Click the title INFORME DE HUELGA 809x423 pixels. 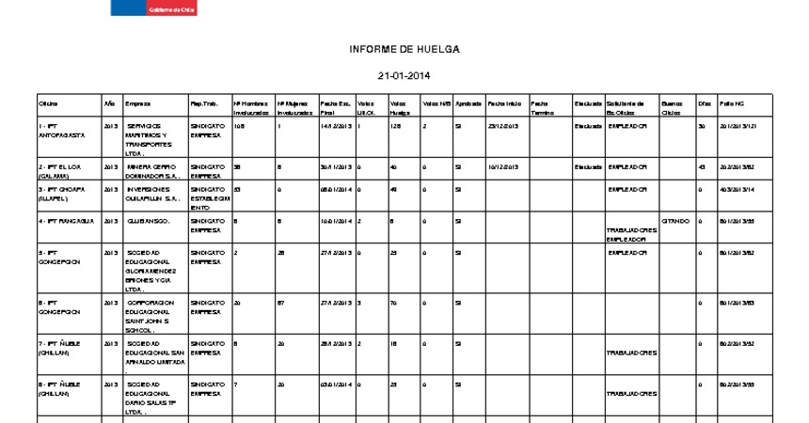404,49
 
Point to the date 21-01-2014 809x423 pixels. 404,76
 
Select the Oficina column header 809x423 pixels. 48,102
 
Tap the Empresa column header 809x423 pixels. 137,102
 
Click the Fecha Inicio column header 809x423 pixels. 504,102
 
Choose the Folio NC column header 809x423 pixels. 732,102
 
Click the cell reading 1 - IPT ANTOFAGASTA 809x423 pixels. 62,130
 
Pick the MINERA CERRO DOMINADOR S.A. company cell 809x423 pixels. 152,170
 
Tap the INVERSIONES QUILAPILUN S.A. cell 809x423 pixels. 153,193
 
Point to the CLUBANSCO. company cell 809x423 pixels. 149,221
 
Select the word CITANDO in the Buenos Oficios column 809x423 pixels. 674,221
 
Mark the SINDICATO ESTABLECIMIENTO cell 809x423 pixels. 209,198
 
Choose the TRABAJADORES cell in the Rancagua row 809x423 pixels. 631,230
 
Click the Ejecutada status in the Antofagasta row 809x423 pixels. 588,125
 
